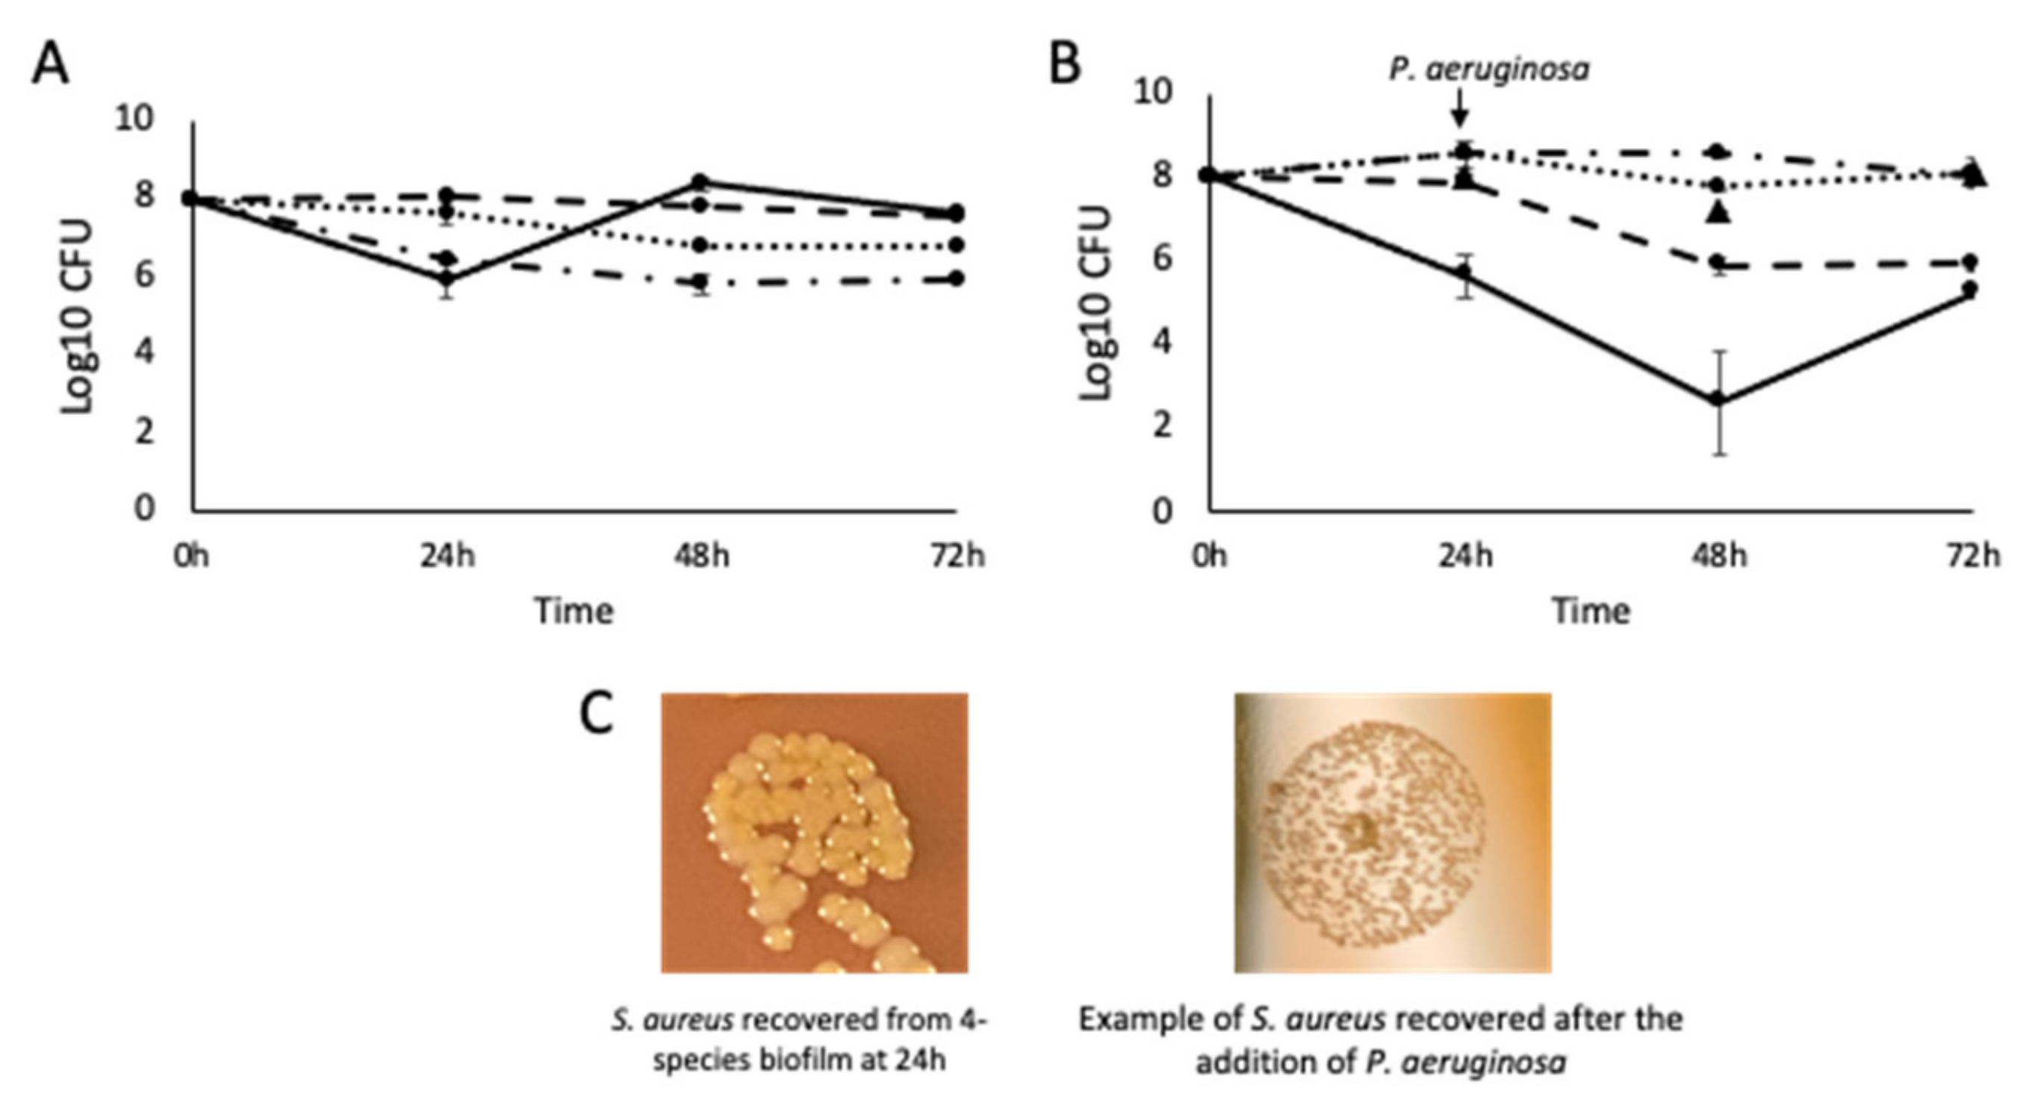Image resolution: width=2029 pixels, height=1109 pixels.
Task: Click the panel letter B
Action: [x=1065, y=64]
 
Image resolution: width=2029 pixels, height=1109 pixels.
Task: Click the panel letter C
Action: [x=596, y=715]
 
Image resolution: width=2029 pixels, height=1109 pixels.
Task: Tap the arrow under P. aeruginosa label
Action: [x=1459, y=106]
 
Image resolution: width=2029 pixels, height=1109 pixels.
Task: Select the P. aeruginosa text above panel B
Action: [x=1488, y=69]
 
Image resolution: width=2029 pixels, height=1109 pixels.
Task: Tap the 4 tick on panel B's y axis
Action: [x=1162, y=343]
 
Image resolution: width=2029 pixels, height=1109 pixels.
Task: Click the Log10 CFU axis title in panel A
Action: [x=78, y=315]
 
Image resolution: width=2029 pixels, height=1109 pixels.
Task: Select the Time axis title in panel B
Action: [x=1591, y=611]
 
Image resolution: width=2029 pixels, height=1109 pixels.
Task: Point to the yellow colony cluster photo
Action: [x=814, y=832]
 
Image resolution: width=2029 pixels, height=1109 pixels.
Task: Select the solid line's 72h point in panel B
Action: [x=1970, y=289]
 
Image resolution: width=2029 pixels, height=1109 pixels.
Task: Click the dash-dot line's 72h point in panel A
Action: [x=956, y=278]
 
